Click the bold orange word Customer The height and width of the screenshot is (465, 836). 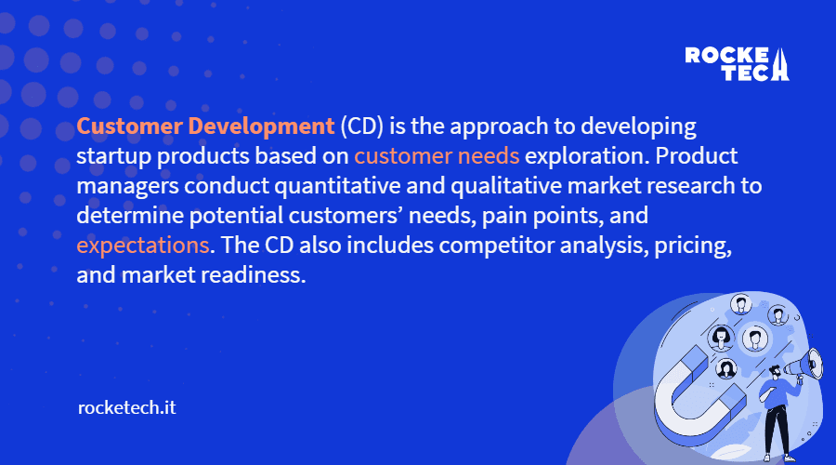click(x=129, y=126)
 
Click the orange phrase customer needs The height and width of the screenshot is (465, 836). click(x=437, y=156)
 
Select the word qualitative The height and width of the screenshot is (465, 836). click(x=506, y=186)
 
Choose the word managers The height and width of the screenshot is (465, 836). click(x=127, y=187)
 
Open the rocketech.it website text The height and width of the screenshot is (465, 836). click(x=127, y=408)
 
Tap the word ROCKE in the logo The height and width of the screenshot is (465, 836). click(x=726, y=55)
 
